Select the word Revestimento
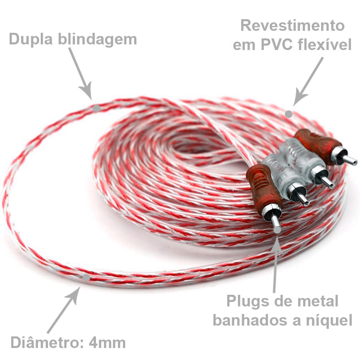click(x=292, y=26)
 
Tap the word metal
click(x=319, y=301)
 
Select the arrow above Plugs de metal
click(x=275, y=264)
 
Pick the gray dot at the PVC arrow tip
click(x=288, y=114)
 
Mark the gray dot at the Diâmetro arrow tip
click(x=86, y=276)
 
